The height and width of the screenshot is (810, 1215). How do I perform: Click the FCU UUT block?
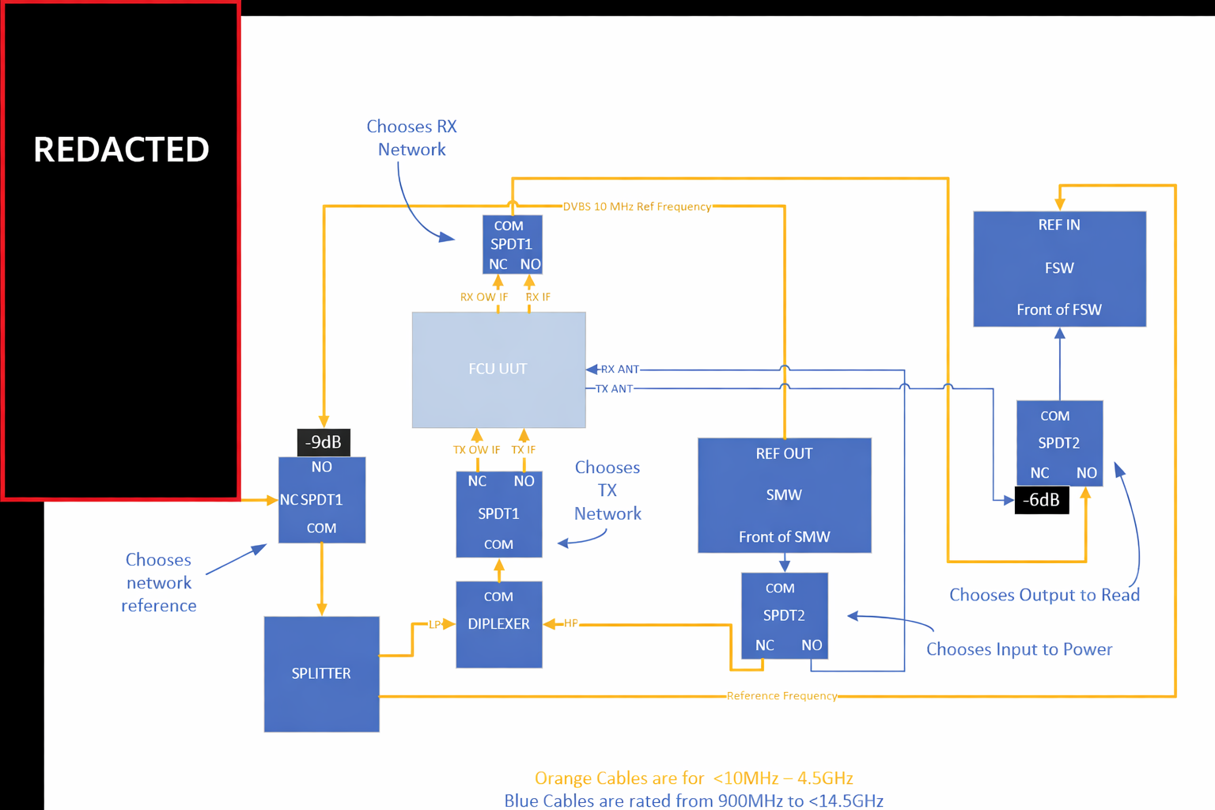(x=498, y=369)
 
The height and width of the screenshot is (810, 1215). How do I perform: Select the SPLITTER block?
(x=321, y=674)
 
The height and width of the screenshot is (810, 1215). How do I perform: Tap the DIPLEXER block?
(x=498, y=624)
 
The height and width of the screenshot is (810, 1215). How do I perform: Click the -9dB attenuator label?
(x=324, y=442)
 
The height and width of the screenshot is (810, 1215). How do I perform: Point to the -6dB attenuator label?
(x=1041, y=500)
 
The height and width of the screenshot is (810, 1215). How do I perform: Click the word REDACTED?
(x=121, y=150)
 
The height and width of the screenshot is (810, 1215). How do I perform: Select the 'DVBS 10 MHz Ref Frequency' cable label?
(x=637, y=206)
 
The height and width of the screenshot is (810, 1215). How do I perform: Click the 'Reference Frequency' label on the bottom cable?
(x=782, y=696)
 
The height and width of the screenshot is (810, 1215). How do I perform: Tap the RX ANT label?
(x=619, y=369)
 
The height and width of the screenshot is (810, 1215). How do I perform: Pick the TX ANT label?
(x=614, y=389)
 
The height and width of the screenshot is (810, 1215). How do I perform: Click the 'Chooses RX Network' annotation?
(x=411, y=138)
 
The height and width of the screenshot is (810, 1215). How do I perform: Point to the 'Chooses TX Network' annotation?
(x=607, y=490)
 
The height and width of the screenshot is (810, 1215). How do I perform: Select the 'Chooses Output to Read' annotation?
(x=1044, y=595)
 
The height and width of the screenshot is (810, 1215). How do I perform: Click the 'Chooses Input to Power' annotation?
(x=1019, y=649)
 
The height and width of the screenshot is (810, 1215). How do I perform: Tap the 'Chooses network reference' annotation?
(x=159, y=583)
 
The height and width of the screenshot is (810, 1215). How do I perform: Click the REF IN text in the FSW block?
(x=1059, y=225)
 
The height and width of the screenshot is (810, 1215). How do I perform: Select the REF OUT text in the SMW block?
(x=784, y=454)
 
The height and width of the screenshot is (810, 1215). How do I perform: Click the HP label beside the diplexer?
(x=570, y=623)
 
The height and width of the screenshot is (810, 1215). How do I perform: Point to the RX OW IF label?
(x=484, y=297)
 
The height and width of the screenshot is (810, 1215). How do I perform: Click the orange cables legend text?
(x=694, y=778)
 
